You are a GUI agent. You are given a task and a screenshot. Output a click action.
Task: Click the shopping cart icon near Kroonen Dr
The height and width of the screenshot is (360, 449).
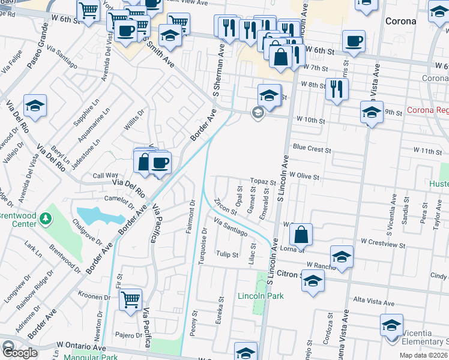tap(130, 299)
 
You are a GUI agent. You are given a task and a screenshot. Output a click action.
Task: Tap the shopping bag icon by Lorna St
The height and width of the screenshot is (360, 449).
tap(303, 234)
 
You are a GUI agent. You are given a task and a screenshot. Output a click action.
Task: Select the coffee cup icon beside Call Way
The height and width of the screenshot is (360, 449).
tap(160, 162)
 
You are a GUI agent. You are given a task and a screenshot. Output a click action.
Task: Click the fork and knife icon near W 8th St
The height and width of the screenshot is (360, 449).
tap(337, 89)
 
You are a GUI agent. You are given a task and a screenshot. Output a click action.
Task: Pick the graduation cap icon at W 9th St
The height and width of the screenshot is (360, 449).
tap(372, 112)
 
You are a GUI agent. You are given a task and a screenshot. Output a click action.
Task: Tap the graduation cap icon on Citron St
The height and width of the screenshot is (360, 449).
tap(313, 281)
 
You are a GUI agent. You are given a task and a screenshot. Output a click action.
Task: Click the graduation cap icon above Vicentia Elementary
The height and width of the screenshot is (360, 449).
tap(391, 325)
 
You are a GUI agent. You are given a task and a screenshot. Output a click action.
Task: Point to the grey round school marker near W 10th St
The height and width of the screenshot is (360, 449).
tap(258, 113)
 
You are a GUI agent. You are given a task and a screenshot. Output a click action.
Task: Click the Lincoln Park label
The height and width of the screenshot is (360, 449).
tap(261, 295)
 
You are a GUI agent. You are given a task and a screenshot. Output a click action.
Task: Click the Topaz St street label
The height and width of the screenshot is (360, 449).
tap(262, 182)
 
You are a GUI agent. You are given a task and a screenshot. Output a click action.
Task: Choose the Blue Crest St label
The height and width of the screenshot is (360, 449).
tap(312, 147)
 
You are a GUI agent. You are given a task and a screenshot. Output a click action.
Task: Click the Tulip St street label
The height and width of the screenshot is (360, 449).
tap(228, 254)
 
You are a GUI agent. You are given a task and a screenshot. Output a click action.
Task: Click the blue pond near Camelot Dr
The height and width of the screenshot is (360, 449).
tap(96, 214)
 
